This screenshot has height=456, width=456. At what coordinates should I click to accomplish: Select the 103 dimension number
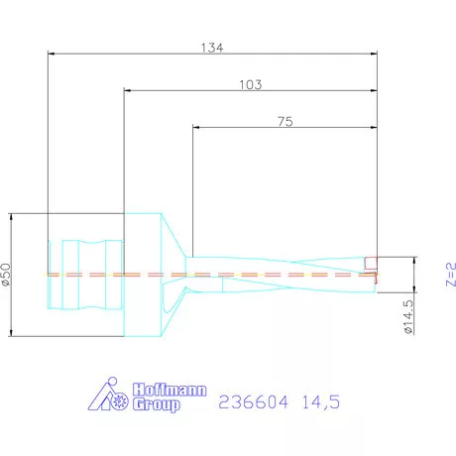[x=250, y=85]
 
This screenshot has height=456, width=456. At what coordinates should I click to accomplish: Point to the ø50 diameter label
[x=6, y=275]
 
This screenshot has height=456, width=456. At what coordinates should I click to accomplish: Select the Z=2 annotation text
[x=449, y=275]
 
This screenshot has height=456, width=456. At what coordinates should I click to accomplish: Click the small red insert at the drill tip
[x=371, y=264]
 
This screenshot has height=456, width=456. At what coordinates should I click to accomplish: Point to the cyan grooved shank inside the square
[x=84, y=274]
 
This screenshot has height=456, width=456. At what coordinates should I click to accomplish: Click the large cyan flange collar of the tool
[x=141, y=275]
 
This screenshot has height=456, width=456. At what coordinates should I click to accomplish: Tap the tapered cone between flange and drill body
[x=175, y=275]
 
